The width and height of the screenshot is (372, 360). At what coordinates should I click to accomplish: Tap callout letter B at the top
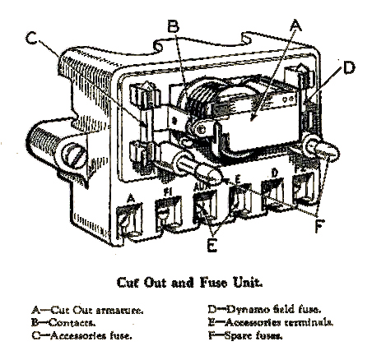(174, 27)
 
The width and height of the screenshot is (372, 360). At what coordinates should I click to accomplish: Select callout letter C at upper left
(32, 38)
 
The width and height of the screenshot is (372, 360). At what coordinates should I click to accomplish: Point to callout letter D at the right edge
(349, 67)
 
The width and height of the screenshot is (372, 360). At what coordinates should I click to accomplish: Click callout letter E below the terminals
(212, 245)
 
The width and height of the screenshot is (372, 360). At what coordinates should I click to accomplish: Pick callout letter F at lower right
(319, 225)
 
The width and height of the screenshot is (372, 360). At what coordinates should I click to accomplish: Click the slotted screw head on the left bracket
(73, 155)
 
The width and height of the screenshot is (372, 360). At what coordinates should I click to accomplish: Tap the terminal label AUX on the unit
(202, 187)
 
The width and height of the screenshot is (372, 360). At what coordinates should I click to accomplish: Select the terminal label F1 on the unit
(167, 192)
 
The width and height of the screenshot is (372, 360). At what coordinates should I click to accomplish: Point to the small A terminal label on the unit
(132, 198)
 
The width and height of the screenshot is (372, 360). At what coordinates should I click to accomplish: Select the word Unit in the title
(248, 282)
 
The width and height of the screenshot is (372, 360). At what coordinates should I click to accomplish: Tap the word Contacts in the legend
(72, 322)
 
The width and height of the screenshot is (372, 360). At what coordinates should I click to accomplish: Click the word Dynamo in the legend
(247, 310)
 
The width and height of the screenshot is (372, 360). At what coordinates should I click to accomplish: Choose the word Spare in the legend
(238, 335)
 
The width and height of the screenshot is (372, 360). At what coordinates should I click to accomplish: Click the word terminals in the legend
(309, 322)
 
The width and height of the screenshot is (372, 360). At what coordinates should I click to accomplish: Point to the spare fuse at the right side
(322, 150)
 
